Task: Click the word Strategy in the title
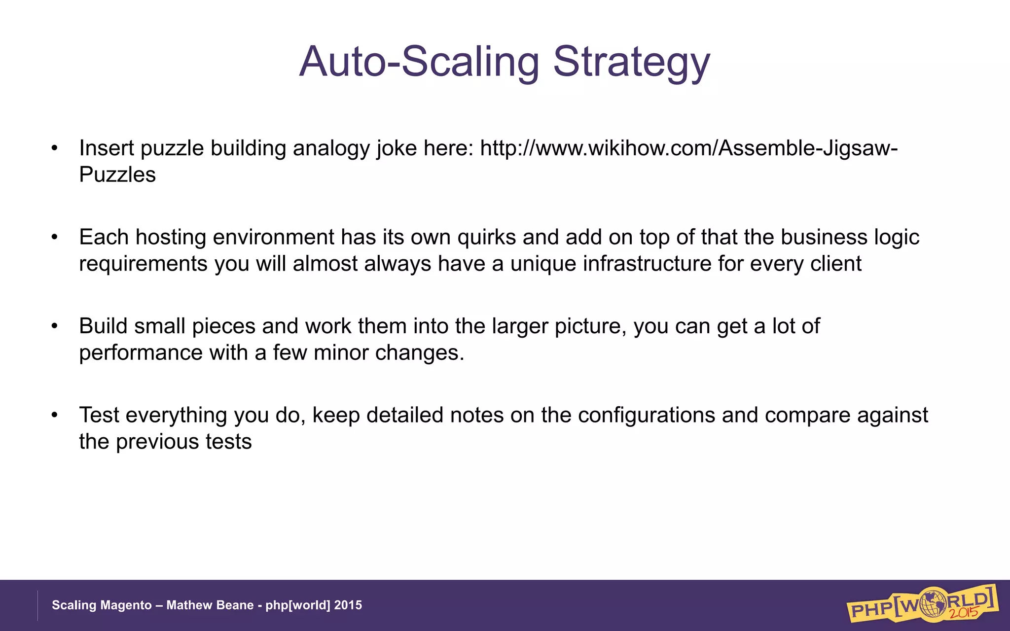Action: click(631, 63)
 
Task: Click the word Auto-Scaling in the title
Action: click(419, 62)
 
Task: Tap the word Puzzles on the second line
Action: click(117, 175)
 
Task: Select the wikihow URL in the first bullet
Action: click(688, 148)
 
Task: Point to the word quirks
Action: click(487, 238)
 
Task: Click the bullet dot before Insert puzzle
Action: click(55, 148)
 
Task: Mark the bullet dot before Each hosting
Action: click(55, 238)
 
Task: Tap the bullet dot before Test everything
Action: click(55, 415)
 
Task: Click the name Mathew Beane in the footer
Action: click(210, 605)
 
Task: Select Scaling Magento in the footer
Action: click(102, 605)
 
